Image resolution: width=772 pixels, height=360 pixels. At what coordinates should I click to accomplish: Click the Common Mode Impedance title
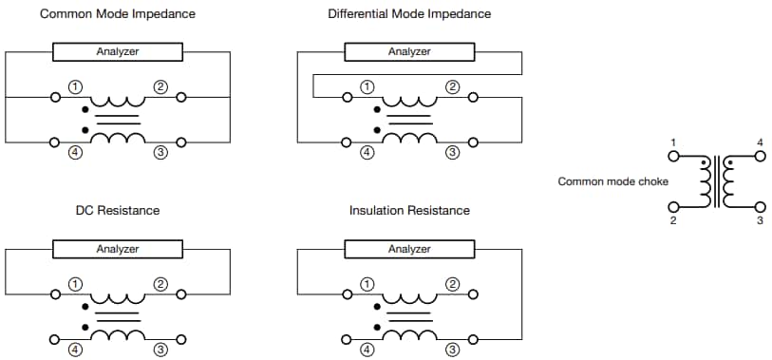pyautogui.click(x=118, y=14)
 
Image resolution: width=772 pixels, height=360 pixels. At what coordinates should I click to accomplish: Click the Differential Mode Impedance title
pyautogui.click(x=409, y=14)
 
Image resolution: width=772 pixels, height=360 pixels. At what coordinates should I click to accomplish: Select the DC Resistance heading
pyautogui.click(x=118, y=210)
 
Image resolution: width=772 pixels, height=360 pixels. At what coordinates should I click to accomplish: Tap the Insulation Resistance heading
pyautogui.click(x=409, y=210)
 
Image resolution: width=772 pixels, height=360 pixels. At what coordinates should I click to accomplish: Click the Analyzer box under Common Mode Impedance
pyautogui.click(x=118, y=51)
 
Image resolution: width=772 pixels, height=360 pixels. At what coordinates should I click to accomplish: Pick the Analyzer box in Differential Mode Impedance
pyautogui.click(x=409, y=51)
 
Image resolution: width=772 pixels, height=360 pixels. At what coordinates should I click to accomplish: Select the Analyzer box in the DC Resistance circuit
pyautogui.click(x=118, y=249)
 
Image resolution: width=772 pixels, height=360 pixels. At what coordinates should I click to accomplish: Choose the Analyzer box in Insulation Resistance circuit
pyautogui.click(x=409, y=249)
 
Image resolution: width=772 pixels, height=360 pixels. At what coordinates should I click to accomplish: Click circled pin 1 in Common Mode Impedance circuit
pyautogui.click(x=76, y=87)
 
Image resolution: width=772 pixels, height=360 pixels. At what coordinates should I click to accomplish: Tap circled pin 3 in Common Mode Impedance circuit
pyautogui.click(x=160, y=152)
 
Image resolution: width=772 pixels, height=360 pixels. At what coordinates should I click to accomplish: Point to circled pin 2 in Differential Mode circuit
pyautogui.click(x=452, y=87)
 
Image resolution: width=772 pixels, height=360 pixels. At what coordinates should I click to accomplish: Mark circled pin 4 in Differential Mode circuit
pyautogui.click(x=367, y=152)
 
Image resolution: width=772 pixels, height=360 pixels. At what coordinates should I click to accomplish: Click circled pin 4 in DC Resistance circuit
pyautogui.click(x=76, y=349)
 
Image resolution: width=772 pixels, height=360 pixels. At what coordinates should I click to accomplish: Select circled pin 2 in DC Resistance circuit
pyautogui.click(x=160, y=284)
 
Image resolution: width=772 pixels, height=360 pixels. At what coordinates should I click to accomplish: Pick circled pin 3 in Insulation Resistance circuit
pyautogui.click(x=452, y=349)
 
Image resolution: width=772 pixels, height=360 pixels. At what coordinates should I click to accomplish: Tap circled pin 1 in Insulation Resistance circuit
pyautogui.click(x=367, y=284)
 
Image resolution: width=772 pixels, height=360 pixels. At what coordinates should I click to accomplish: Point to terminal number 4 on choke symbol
pyautogui.click(x=760, y=142)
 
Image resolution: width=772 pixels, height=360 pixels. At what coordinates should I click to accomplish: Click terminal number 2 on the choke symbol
pyautogui.click(x=672, y=221)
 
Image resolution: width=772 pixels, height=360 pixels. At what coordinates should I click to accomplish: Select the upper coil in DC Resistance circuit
pyautogui.click(x=118, y=294)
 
